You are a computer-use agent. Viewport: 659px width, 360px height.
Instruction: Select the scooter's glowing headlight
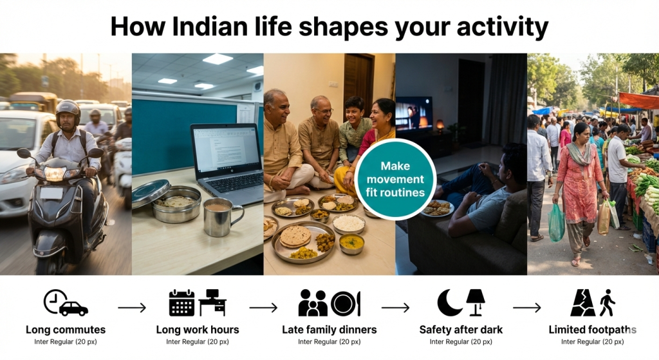(55, 173)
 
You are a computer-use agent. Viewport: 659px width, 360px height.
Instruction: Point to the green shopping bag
(556, 222)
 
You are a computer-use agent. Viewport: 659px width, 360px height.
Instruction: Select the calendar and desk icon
(197, 303)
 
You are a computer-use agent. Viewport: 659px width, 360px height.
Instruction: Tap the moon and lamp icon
(461, 303)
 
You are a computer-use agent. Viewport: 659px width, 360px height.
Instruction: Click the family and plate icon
(329, 303)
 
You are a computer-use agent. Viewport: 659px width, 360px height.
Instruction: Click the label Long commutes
(66, 330)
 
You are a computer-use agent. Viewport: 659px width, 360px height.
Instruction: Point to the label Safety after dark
(461, 330)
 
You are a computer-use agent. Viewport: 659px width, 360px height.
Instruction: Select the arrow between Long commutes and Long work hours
(132, 308)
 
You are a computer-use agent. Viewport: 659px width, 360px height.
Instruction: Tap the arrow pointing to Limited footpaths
(526, 308)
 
